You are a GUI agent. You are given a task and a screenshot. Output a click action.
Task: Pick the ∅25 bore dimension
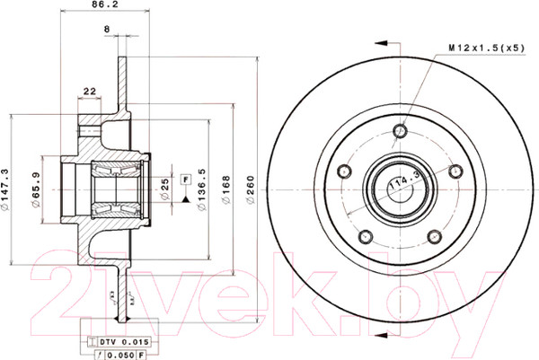pos(165,189)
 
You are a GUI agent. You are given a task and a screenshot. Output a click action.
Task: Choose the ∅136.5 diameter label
pos(203,188)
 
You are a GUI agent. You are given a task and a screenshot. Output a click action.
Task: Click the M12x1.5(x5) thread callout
pos(485,46)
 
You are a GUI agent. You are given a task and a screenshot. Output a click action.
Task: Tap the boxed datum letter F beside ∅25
pos(186,180)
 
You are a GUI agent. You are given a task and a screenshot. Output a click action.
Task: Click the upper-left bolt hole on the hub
pos(342,171)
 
